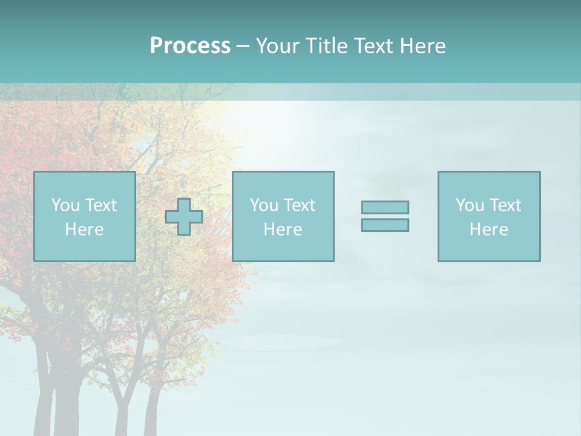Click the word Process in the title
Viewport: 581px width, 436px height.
190,46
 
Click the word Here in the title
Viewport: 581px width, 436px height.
424,46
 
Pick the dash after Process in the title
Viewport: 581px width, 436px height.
243,47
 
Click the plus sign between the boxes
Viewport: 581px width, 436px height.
184,217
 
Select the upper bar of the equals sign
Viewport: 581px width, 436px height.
385,207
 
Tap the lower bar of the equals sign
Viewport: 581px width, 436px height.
385,225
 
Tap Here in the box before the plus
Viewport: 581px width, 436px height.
85,230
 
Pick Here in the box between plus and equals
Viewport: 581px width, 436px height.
283,230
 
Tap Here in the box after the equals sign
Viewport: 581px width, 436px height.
489,230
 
